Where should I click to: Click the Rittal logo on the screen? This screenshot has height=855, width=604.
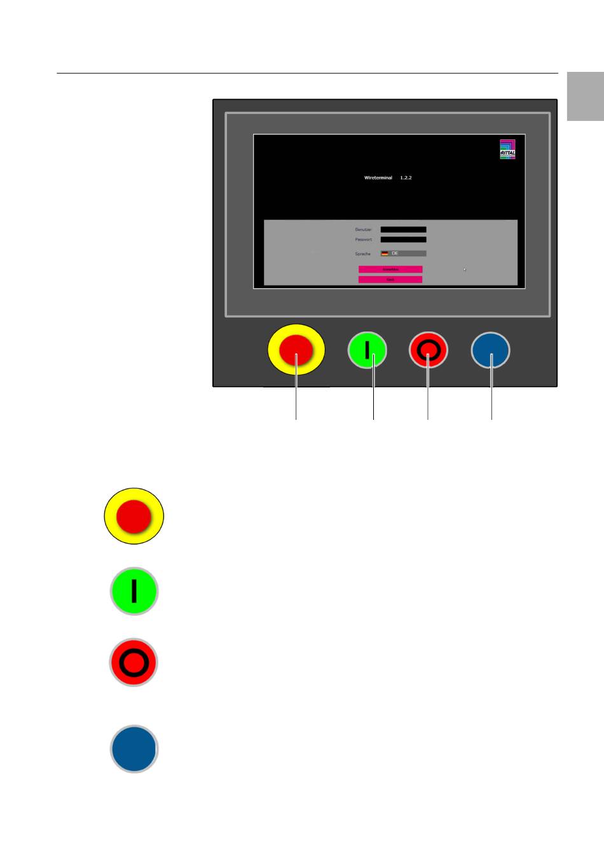tap(507, 149)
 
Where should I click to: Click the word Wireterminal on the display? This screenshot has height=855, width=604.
tap(378, 177)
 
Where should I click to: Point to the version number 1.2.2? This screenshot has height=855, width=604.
tap(406, 177)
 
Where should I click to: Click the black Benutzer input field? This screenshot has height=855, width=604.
tap(403, 230)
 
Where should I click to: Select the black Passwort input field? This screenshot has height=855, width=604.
tap(403, 240)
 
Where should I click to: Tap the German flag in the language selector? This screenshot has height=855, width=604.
tap(385, 253)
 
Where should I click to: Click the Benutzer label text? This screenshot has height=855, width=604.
tap(363, 230)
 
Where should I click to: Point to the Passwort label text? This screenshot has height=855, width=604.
tap(363, 240)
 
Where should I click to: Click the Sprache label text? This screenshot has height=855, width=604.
tap(362, 254)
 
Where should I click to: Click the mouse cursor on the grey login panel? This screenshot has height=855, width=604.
tap(465, 270)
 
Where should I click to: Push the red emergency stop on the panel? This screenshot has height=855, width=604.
tap(296, 350)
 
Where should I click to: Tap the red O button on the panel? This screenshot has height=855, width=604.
tap(428, 350)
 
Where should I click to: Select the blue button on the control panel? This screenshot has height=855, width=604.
tap(490, 350)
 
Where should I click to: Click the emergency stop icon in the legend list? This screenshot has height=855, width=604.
tap(134, 516)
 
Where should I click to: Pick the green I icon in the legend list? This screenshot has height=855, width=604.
tap(134, 591)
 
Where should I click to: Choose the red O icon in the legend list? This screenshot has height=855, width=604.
tap(134, 662)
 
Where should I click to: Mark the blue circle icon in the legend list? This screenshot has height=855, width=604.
tap(134, 749)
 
